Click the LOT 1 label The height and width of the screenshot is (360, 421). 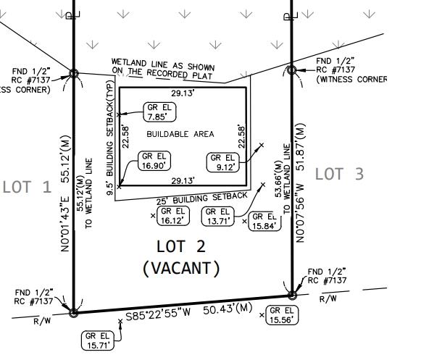click(x=27, y=187)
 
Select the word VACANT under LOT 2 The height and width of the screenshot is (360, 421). click(x=180, y=268)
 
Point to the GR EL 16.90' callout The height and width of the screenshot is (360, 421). click(x=154, y=161)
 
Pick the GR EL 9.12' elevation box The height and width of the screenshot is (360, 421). click(x=222, y=162)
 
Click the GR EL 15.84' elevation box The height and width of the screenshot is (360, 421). click(x=263, y=222)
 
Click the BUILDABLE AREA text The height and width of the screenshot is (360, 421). click(x=180, y=135)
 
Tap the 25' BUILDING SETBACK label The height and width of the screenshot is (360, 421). click(x=200, y=198)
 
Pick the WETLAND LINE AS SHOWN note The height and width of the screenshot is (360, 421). click(x=163, y=67)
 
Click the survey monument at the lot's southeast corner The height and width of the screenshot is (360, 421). click(x=292, y=296)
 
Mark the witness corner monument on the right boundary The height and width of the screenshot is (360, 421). click(x=291, y=70)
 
